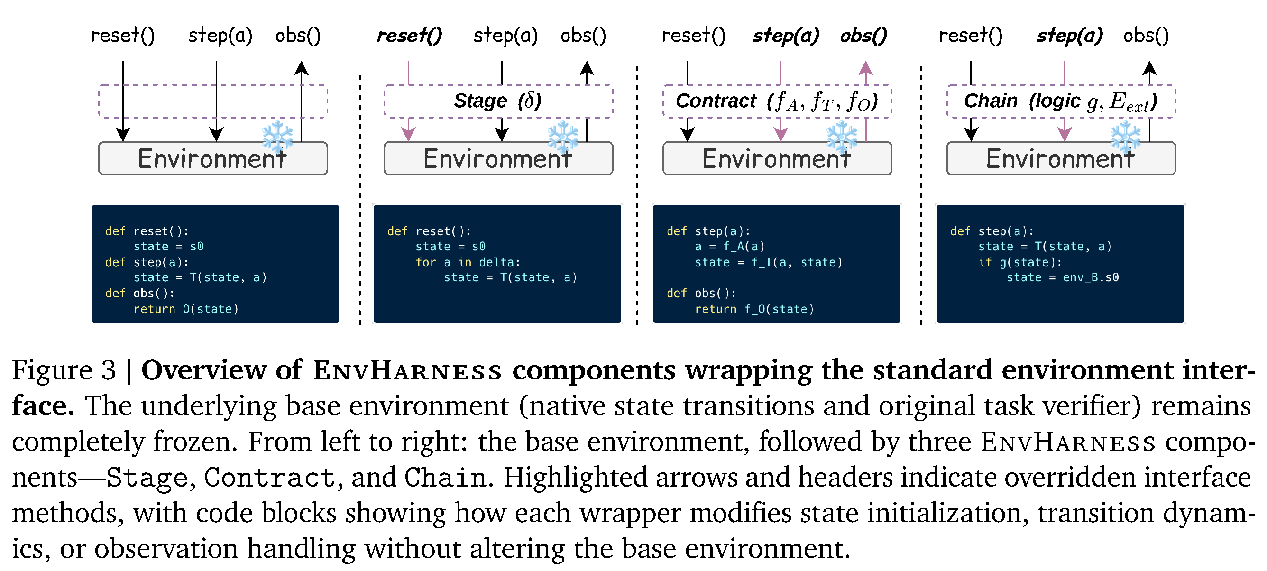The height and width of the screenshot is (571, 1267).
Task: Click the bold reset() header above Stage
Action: pyautogui.click(x=409, y=36)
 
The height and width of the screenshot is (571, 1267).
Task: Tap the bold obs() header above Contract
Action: pyautogui.click(x=863, y=36)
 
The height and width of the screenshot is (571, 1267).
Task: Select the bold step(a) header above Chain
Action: pyautogui.click(x=1070, y=36)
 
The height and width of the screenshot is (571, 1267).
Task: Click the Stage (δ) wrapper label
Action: pyautogui.click(x=497, y=101)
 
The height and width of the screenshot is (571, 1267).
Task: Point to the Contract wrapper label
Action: pyautogui.click(x=777, y=101)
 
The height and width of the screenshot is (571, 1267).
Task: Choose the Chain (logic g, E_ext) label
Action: pyautogui.click(x=1060, y=101)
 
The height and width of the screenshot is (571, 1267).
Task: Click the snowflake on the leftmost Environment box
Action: pyautogui.click(x=278, y=136)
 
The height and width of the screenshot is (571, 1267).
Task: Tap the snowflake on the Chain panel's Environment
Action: pyautogui.click(x=1126, y=136)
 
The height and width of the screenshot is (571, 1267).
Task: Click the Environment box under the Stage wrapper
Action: pyautogui.click(x=498, y=158)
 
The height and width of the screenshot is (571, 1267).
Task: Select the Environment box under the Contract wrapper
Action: pyautogui.click(x=777, y=158)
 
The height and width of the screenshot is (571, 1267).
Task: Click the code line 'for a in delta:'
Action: pyautogui.click(x=468, y=262)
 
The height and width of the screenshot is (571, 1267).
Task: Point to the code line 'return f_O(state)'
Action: pyautogui.click(x=754, y=309)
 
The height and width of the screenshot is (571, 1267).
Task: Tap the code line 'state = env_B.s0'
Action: pyautogui.click(x=1062, y=277)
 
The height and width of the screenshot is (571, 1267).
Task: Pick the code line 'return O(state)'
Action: pyautogui.click(x=186, y=309)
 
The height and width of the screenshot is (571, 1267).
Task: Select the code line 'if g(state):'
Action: pyautogui.click(x=1020, y=262)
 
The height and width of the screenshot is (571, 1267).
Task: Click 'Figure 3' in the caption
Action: pyautogui.click(x=64, y=370)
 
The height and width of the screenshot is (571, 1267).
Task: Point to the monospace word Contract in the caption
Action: pyautogui.click(x=269, y=477)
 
